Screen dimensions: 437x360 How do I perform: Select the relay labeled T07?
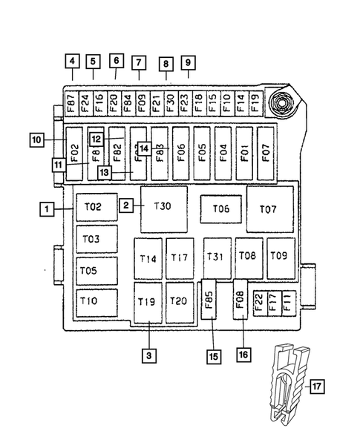(269, 208)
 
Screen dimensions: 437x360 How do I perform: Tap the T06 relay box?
(220, 208)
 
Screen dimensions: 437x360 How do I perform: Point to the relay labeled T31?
(215, 257)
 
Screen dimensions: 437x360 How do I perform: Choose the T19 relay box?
(148, 301)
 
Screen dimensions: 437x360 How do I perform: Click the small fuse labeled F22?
(259, 303)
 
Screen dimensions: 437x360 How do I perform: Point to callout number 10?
(37, 139)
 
